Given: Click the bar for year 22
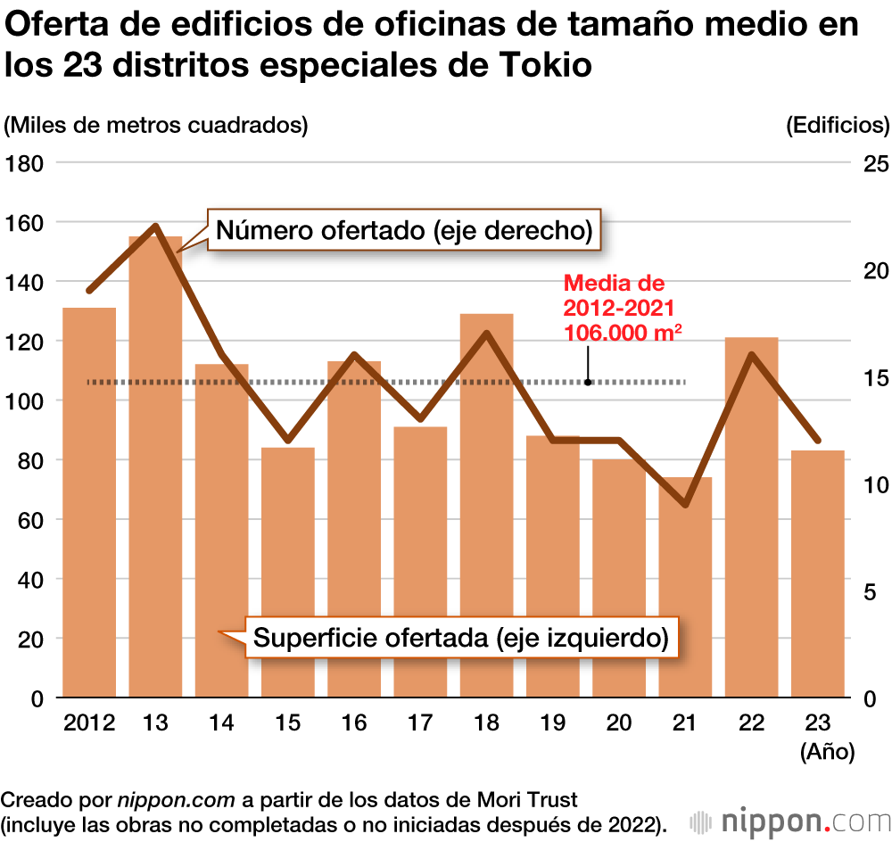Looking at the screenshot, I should click(x=751, y=517).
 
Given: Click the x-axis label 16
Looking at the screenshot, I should click(x=354, y=722).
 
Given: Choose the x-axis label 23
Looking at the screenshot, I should click(x=818, y=722).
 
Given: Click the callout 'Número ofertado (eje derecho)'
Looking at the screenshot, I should click(x=405, y=232).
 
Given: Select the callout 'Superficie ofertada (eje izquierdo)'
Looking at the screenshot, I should click(x=460, y=639).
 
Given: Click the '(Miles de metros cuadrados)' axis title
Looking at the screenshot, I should click(x=156, y=125).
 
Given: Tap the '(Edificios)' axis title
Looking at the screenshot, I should click(x=838, y=125).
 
